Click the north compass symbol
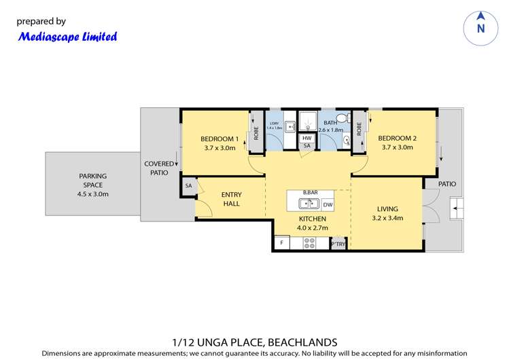(481, 28)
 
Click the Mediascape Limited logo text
(67, 37)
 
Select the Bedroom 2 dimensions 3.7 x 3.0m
(398, 147)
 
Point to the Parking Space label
(92, 176)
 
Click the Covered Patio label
(160, 168)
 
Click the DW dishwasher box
(328, 204)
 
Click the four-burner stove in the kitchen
(309, 242)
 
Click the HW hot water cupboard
(307, 138)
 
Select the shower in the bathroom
(308, 122)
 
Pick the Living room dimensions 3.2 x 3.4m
(388, 218)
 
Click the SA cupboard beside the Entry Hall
(188, 185)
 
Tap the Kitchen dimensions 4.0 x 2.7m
(313, 228)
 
